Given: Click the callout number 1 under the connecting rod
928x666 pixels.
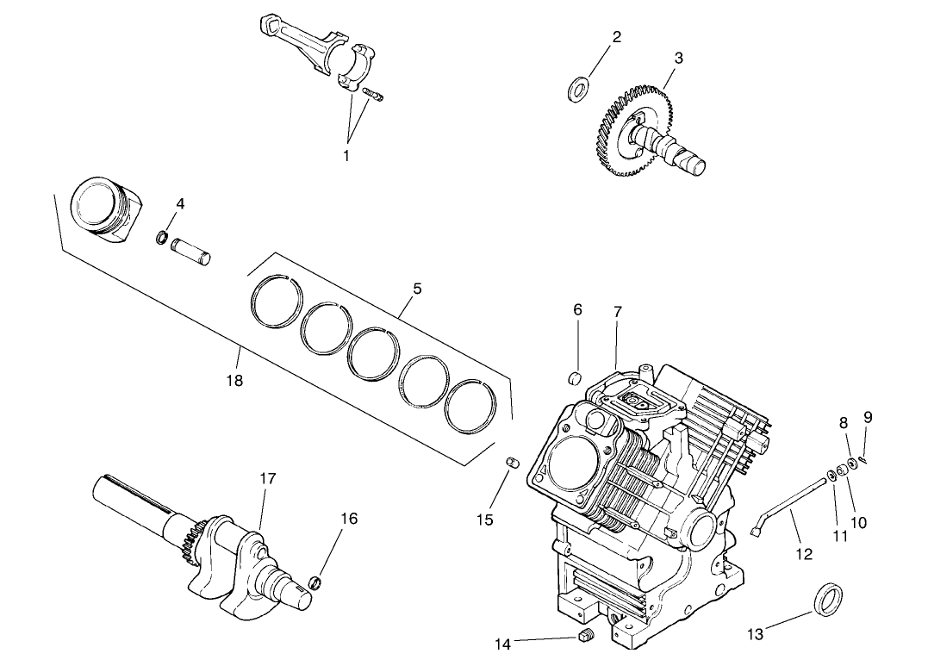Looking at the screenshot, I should click(x=346, y=156).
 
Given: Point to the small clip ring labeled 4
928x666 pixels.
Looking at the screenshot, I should click(x=161, y=236).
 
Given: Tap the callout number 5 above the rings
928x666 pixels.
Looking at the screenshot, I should click(x=417, y=289).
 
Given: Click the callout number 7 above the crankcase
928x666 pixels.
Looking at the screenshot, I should click(x=618, y=312).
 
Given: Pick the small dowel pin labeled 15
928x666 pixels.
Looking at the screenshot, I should click(x=514, y=464).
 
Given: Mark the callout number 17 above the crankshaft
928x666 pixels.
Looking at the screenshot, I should click(x=268, y=478).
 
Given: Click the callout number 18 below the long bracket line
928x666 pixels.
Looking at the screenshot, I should click(x=234, y=380).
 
